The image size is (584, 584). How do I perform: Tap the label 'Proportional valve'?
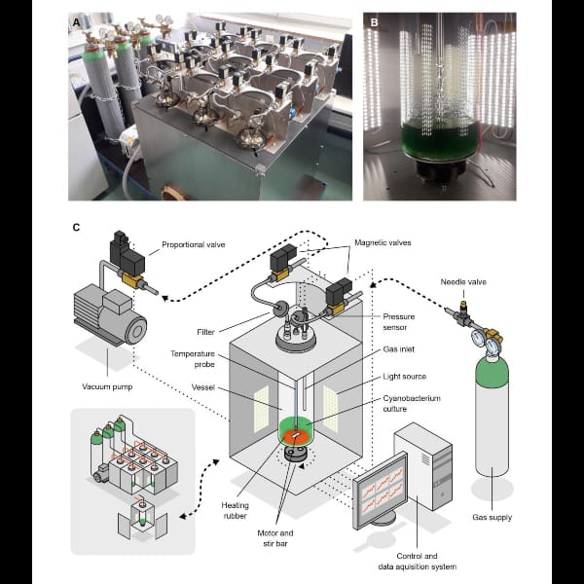coord(194,244)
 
